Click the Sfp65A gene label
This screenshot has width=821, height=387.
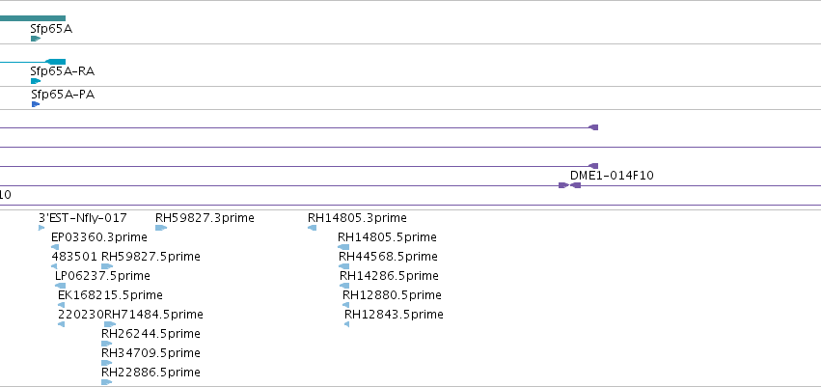51,29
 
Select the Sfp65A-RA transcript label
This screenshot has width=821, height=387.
63,71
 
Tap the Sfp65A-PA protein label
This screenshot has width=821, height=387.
63,95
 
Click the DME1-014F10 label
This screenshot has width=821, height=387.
612,176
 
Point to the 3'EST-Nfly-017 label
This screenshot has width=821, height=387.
83,218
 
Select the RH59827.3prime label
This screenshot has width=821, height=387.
205,218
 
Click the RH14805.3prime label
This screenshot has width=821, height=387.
357,218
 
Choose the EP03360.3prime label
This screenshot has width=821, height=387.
99,237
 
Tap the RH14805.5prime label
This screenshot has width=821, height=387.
387,237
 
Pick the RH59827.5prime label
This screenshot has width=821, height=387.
151,257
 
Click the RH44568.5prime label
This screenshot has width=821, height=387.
388,257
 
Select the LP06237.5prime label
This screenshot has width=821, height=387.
102,276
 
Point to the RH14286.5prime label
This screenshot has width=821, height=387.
389,276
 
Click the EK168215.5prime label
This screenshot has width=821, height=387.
111,295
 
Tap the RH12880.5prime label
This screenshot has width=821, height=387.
393,295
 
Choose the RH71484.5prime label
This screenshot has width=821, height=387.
154,315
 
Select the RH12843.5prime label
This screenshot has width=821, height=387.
394,315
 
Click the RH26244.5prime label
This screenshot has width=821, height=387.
151,334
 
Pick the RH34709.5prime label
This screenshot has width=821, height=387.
151,353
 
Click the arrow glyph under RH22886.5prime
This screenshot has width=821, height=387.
107,382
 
